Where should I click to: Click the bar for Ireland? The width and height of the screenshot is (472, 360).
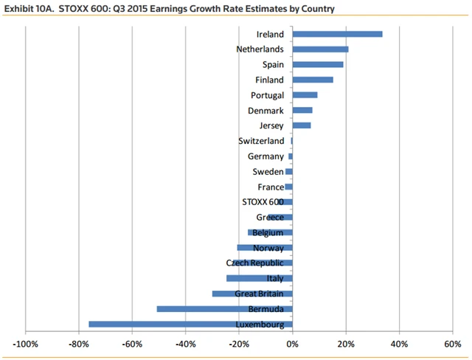coord(337,34)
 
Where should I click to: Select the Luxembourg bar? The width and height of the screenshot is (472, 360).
coord(190,324)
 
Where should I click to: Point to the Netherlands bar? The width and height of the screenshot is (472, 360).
coord(320,49)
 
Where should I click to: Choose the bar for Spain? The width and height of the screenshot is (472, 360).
coord(318,65)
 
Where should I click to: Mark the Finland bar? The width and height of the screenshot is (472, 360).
coord(313,80)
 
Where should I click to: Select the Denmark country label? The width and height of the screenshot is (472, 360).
coord(266,111)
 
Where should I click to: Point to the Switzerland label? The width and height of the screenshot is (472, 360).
coord(261,141)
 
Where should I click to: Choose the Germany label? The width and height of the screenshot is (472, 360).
coord(266,156)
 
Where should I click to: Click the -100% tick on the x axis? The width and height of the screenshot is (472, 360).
coord(26,344)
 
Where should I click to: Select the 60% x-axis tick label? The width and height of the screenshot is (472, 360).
coord(453,344)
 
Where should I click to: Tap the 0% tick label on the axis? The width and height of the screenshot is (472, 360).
coord(293,344)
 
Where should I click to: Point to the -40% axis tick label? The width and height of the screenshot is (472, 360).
coord(185,344)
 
